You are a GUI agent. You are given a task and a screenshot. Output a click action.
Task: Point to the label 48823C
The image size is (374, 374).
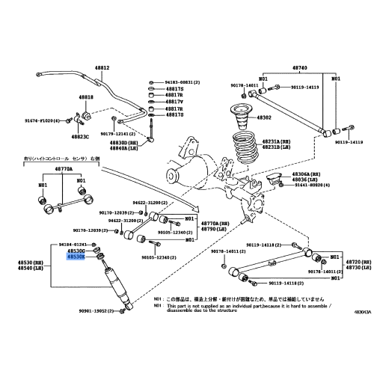tap(81, 136)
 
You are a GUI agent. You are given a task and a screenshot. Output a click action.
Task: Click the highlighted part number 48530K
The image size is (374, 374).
tap(77, 256)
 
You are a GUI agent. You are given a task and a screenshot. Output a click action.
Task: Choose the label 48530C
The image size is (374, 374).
tap(77, 251)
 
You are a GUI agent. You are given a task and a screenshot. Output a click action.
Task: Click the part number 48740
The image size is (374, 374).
tap(299, 67)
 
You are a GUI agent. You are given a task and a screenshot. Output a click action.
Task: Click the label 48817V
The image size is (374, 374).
tap(174, 102)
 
